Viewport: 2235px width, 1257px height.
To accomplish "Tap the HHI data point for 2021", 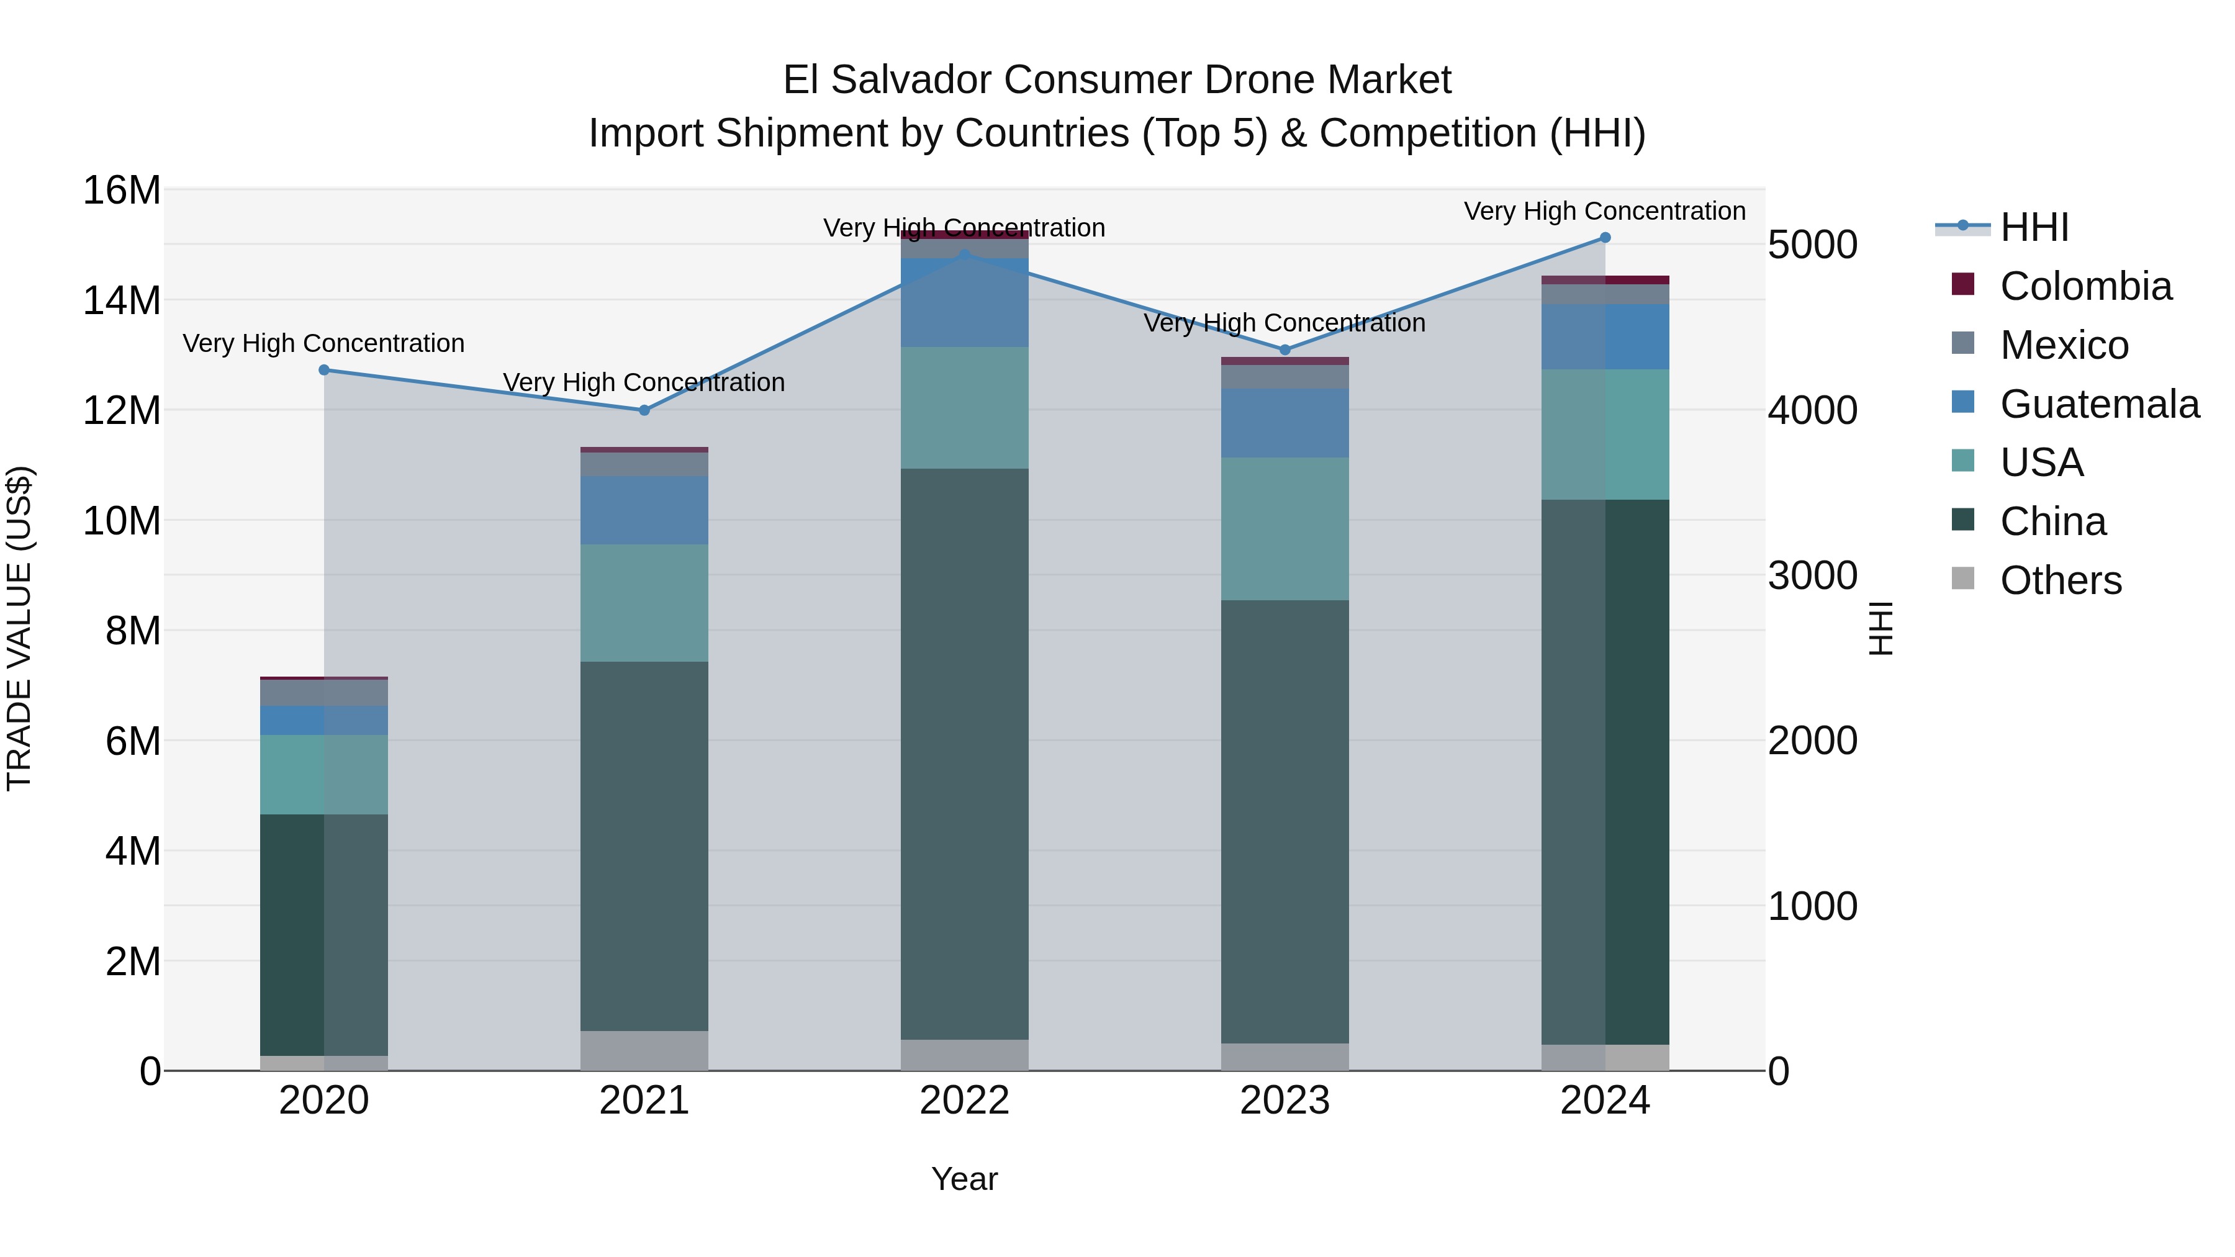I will (x=644, y=410).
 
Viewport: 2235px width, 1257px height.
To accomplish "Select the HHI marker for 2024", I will (x=1604, y=238).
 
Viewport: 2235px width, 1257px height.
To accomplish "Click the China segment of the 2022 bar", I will (x=964, y=755).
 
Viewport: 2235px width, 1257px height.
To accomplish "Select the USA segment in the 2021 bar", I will (x=644, y=603).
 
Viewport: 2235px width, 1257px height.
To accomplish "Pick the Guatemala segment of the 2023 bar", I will (x=1285, y=423).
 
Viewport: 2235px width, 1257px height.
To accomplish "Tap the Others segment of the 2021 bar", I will (x=644, y=1050).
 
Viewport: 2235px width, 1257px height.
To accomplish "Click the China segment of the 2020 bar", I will (x=323, y=935).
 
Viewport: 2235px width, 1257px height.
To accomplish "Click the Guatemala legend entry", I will (x=2099, y=404).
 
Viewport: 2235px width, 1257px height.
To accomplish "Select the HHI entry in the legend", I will (x=2034, y=227).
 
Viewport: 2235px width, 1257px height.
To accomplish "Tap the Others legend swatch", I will (x=1962, y=579).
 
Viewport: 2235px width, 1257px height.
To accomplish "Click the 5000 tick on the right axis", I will (x=1812, y=245).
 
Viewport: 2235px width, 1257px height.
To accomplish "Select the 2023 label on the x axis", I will (x=1285, y=1101).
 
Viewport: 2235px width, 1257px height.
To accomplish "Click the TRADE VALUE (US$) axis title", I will (x=19, y=628).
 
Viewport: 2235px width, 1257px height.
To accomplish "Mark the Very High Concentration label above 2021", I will (x=644, y=382).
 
